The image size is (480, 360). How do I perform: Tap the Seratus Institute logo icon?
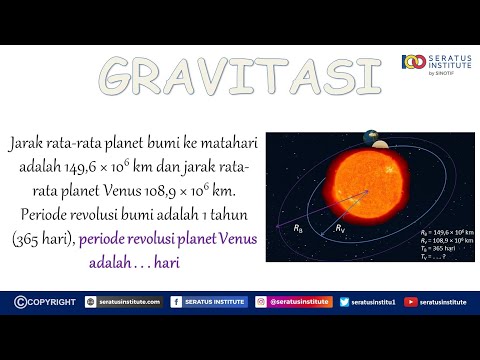[409, 64]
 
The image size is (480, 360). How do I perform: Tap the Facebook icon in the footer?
[177, 300]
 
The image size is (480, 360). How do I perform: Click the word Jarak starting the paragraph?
[28, 142]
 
